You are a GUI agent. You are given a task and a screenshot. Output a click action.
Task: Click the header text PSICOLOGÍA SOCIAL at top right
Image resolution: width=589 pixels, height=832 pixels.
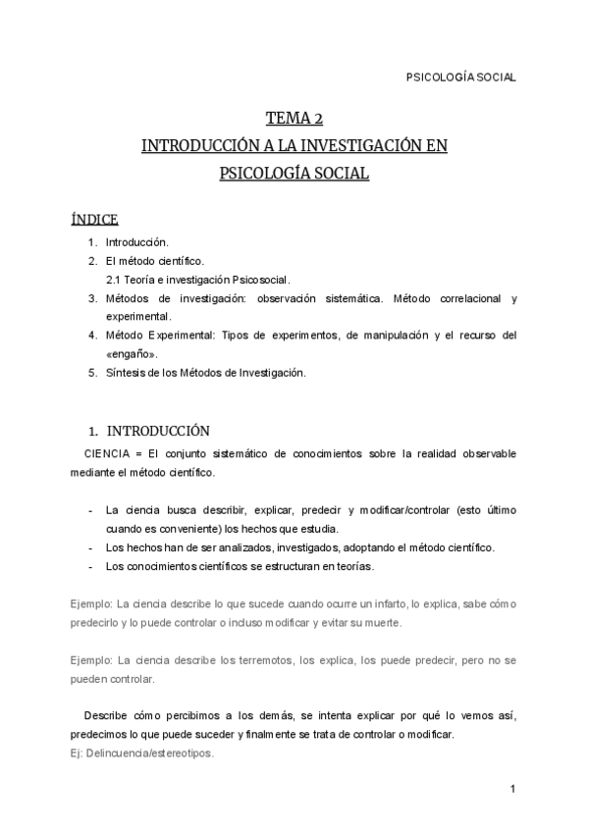(x=460, y=78)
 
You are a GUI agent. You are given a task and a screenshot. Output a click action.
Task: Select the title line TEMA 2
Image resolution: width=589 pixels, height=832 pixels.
(x=294, y=120)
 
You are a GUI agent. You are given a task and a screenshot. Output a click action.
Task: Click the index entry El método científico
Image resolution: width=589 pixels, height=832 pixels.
(x=154, y=261)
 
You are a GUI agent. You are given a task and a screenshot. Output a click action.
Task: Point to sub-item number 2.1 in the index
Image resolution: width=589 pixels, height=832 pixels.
(x=115, y=280)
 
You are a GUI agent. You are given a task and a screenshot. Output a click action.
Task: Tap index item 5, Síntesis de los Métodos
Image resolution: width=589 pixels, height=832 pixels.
(x=206, y=372)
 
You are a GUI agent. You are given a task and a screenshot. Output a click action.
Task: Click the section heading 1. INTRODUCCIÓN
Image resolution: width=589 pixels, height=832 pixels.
(x=148, y=430)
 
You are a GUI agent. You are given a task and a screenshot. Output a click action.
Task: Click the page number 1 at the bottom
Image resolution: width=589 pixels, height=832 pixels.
(x=512, y=789)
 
